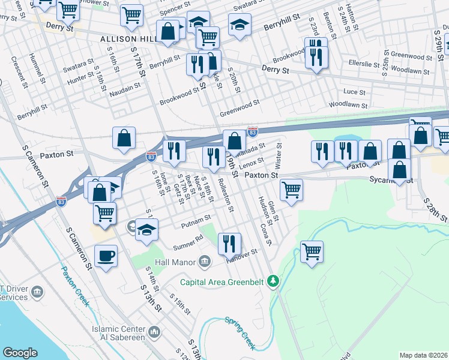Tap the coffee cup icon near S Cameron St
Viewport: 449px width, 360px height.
[106, 257]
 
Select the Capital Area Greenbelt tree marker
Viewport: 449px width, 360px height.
[274, 280]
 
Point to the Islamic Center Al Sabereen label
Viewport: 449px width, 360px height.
[118, 334]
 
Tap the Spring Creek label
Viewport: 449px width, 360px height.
[240, 332]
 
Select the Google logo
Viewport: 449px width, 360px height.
[20, 353]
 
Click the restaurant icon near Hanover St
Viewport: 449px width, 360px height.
[229, 244]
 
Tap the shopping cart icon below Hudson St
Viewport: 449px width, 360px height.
[312, 251]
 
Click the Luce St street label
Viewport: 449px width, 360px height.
[354, 92]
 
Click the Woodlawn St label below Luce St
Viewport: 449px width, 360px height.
[349, 104]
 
